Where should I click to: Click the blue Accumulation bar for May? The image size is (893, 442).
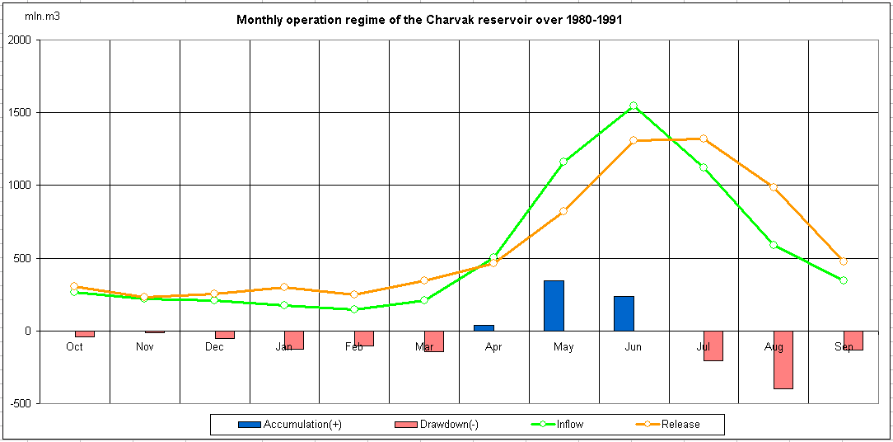coord(554,306)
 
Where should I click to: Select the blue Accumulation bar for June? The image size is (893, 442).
coord(624,313)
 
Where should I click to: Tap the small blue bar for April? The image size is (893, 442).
coord(484,328)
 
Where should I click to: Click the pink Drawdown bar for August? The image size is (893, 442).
coord(783,360)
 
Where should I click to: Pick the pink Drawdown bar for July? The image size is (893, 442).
coord(713,346)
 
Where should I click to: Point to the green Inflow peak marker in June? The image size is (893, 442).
coord(634,106)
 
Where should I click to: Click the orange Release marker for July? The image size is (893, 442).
coord(704,139)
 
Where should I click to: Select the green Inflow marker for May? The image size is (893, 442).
coord(563,162)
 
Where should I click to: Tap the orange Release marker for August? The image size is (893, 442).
coord(774,187)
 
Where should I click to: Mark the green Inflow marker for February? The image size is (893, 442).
coord(354,309)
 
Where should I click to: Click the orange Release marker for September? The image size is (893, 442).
coord(843,261)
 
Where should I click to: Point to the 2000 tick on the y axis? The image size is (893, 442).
coord(18,40)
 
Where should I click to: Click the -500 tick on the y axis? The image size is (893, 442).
coord(20,403)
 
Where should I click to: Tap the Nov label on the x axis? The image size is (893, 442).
coord(144,347)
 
